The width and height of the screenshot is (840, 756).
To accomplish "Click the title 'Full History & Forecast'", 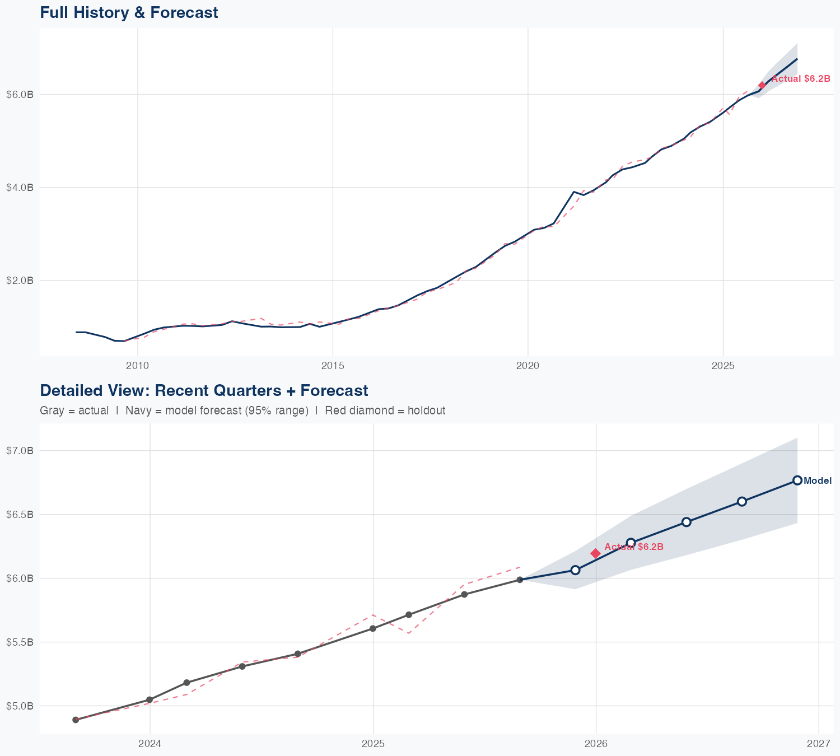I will pyautogui.click(x=129, y=12).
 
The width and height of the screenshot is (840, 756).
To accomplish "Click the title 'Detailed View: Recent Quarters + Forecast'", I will pyautogui.click(x=204, y=390).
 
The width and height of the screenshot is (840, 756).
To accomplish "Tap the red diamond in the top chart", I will pyautogui.click(x=762, y=85).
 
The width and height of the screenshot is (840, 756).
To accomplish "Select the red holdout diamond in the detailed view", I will pyautogui.click(x=595, y=553).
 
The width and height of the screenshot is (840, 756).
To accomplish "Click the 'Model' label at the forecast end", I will pyautogui.click(x=818, y=480).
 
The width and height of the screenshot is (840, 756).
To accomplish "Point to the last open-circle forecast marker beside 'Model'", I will pyautogui.click(x=797, y=480).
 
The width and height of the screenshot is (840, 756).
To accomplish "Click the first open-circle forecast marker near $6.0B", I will pyautogui.click(x=575, y=570).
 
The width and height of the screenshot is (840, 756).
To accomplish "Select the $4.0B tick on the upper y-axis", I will pyautogui.click(x=20, y=187).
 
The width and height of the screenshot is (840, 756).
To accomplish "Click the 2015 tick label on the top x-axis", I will pyautogui.click(x=333, y=366).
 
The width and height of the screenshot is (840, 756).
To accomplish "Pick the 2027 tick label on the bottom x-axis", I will pyautogui.click(x=819, y=744).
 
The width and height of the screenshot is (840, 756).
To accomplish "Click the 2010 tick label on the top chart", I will pyautogui.click(x=138, y=366).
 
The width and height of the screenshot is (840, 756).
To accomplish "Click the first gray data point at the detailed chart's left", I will pyautogui.click(x=76, y=720).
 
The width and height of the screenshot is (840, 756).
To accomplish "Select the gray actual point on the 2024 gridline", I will pyautogui.click(x=150, y=699).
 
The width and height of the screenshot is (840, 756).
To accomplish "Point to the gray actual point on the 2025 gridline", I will pyautogui.click(x=373, y=628).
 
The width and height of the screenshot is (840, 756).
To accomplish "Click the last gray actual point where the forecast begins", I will pyautogui.click(x=520, y=580).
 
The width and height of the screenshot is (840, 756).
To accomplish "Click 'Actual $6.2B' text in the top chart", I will pyautogui.click(x=801, y=79).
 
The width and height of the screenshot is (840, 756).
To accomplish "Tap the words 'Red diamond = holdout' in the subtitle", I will pyautogui.click(x=385, y=410).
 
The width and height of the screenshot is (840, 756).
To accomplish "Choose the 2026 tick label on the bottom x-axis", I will pyautogui.click(x=596, y=744).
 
